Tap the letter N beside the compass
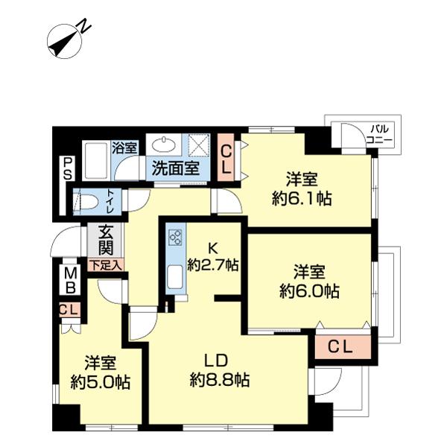pos(86,27)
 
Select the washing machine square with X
pos(199,144)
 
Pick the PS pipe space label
pos(67,168)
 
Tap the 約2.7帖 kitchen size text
pos(212,264)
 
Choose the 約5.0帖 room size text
pos(100,382)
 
